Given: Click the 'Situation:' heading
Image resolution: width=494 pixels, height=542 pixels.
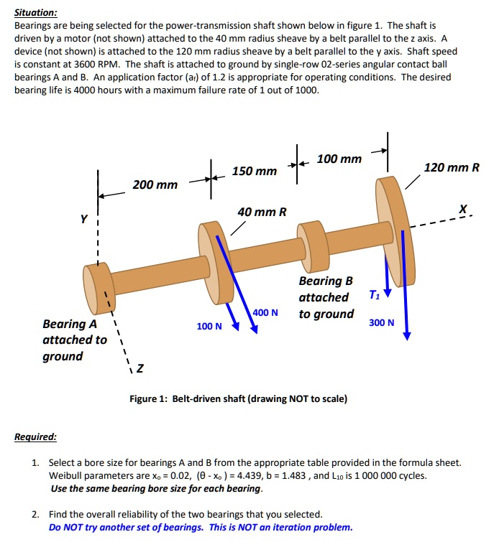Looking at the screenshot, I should pos(36,12).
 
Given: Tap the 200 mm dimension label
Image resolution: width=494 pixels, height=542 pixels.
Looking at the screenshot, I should pos(155,185).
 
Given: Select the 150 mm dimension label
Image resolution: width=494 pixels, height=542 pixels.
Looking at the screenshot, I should pos(254,171).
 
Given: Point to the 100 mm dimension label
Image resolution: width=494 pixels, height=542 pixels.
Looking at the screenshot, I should pos(339,158).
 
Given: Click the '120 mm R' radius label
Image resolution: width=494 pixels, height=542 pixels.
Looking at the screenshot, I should pos(452,167).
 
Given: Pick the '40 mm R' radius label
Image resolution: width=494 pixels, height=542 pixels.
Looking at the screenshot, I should pos(262,212).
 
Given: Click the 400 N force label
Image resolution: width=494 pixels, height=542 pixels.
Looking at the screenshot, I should pos(265,312).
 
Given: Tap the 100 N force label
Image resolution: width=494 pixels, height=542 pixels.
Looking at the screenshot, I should pos(209,327).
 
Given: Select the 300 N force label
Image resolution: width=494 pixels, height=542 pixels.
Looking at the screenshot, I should pos(381,322).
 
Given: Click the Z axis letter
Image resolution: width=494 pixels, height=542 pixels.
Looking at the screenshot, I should pos(139,369).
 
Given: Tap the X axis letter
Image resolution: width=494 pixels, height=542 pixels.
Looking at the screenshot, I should pos(463,209).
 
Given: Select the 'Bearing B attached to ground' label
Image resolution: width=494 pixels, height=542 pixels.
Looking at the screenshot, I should pos(326,297).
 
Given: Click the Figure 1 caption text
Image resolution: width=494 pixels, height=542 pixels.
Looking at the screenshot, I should pos(238,398).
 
